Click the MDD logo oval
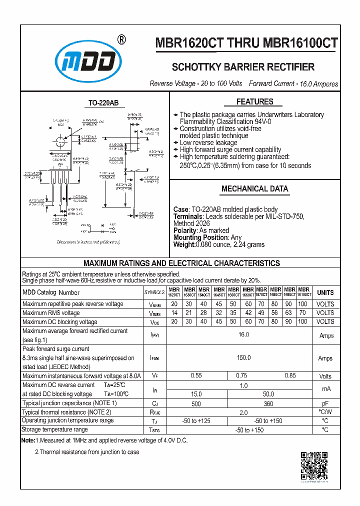tap(88, 61)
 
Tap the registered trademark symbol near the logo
tap(120, 39)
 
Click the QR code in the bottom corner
tap(314, 465)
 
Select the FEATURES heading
tap(254, 102)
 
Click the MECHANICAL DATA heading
tap(254, 189)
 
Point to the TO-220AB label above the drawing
tap(103, 103)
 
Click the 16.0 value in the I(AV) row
tap(243, 334)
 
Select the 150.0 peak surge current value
tap(243, 358)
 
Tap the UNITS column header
tap(325, 292)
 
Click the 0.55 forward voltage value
tap(196, 375)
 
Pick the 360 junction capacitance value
tap(269, 403)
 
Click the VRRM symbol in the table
tap(154, 304)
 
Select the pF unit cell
tap(325, 403)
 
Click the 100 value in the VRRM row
tap(302, 304)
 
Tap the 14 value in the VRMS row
tap(174, 313)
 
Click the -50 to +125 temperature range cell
tap(196, 421)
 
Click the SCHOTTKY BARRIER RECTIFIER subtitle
tap(243, 67)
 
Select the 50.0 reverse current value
tap(269, 394)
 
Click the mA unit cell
tap(325, 389)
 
